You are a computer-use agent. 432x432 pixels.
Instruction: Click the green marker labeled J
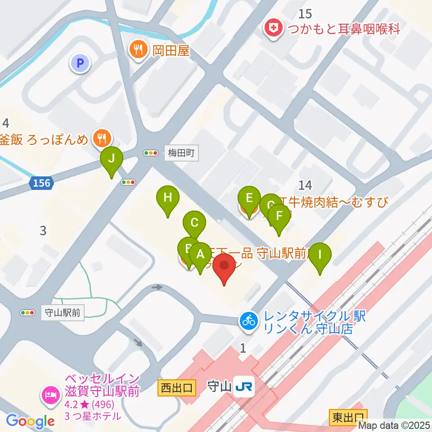111,159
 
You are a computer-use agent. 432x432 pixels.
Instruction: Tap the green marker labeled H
167,198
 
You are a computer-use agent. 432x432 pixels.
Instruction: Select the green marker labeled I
320,255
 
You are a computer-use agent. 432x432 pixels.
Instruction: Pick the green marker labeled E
249,198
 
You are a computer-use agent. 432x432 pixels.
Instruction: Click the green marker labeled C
194,223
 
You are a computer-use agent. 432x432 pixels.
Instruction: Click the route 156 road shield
42,183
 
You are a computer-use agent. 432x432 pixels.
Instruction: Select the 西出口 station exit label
177,387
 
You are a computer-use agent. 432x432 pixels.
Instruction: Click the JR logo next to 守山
244,387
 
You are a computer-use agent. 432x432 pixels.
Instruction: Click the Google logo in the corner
30,421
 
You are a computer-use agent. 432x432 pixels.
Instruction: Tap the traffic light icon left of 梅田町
151,153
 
